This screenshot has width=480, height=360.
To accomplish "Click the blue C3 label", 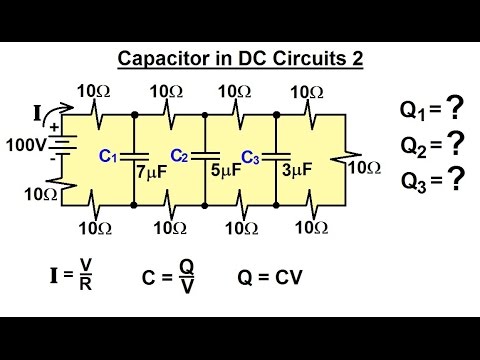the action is [x=251, y=157].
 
